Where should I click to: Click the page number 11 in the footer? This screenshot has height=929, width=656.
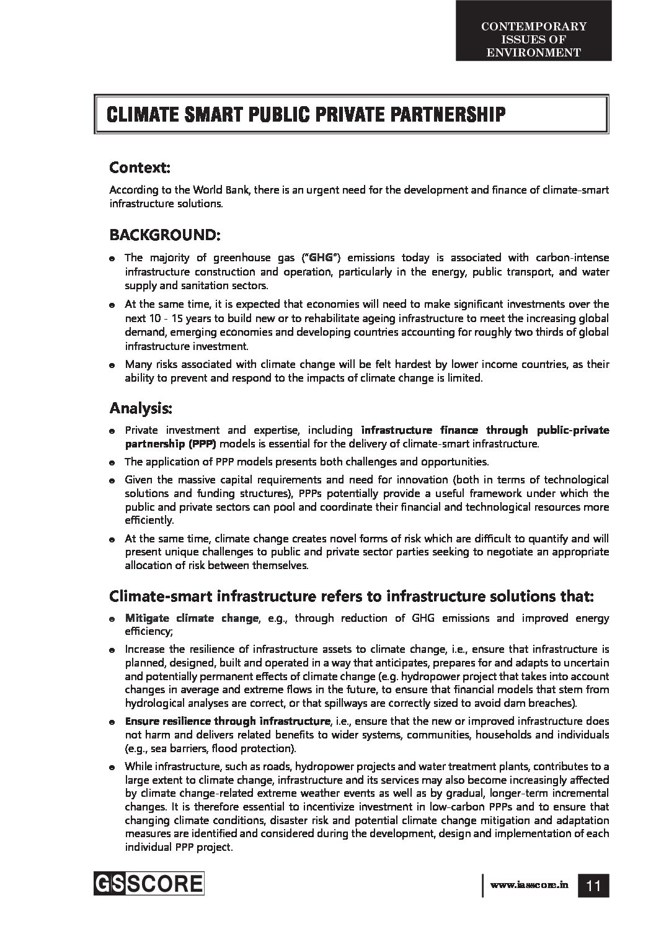click(593, 886)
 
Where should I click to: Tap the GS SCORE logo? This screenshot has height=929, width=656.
click(149, 882)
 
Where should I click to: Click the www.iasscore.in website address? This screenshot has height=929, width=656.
click(529, 886)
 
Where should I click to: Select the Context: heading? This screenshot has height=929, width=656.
click(140, 168)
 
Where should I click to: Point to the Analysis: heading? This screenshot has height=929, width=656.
click(141, 408)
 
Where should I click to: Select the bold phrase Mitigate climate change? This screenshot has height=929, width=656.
click(192, 618)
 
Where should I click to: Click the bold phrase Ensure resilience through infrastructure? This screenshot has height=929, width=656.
click(227, 721)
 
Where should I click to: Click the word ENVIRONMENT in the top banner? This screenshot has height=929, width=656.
click(533, 53)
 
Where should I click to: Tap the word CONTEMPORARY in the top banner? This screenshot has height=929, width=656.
click(533, 26)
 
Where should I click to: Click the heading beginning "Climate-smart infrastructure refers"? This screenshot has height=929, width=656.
click(352, 596)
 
